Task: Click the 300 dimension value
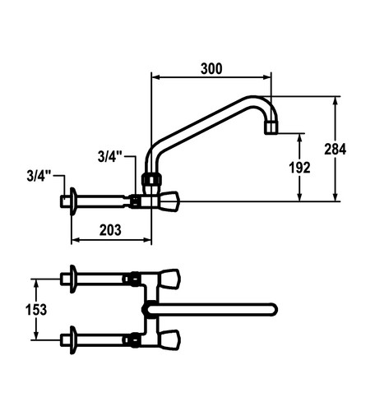211,68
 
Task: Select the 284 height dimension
335,150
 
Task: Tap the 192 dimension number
299,168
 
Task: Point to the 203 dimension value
110,230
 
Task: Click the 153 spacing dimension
36,310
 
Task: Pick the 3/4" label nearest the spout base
109,157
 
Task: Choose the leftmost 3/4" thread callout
39,176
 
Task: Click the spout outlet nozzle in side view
271,127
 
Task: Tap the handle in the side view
169,201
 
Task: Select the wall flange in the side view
73,201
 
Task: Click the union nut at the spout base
151,179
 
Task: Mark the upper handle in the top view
170,279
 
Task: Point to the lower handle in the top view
170,340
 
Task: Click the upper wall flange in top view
73,279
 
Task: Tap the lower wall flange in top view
73,340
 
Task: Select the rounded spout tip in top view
274,310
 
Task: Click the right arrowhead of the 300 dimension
267,77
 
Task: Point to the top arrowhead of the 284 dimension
335,100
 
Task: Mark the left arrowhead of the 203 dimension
75,240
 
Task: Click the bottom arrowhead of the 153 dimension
36,336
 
